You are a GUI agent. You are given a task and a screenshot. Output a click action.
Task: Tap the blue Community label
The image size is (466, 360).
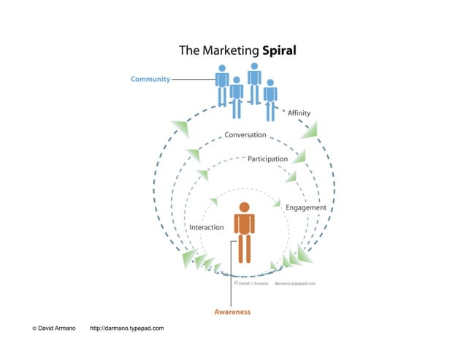(150, 79)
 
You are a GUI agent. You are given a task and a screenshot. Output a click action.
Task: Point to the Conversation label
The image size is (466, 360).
(245, 135)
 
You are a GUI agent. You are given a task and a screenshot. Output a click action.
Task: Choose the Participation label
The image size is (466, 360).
(267, 158)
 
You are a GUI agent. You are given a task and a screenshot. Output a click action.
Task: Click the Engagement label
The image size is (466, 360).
(305, 207)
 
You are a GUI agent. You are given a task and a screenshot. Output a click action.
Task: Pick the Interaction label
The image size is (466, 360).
(207, 227)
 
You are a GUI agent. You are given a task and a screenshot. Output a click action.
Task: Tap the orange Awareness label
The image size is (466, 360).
(232, 312)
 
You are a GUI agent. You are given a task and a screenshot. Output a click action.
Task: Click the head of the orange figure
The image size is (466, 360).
(244, 207)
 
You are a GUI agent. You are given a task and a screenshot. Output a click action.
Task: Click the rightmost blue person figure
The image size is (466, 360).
(270, 99)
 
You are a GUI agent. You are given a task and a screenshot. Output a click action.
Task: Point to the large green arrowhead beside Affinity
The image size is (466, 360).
(310, 130)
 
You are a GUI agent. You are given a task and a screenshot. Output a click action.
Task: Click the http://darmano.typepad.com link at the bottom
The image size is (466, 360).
(126, 329)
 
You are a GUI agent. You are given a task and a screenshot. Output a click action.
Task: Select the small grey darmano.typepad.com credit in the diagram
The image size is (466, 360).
(294, 283)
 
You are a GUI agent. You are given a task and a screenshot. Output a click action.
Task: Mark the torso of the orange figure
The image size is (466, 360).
(244, 223)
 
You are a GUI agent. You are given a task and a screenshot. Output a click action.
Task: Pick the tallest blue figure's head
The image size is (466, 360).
(254, 66)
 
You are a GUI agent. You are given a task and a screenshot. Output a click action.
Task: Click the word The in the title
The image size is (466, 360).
(189, 51)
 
